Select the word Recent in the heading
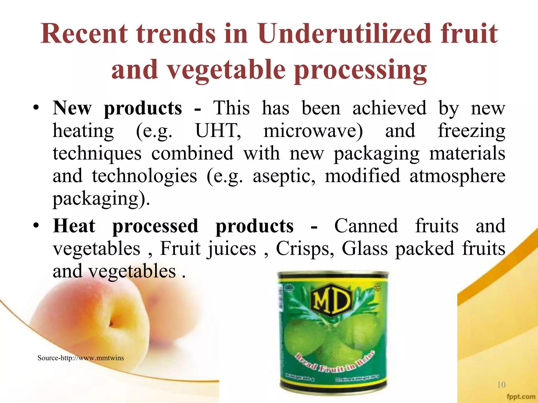[84, 34]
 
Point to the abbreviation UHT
[218, 131]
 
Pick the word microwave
[313, 131]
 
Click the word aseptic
[284, 176]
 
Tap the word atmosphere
[457, 176]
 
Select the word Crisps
[305, 248]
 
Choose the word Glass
[364, 248]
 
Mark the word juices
[232, 249]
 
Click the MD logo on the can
[331, 300]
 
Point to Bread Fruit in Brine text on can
[335, 362]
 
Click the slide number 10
[501, 385]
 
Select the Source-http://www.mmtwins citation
[81, 358]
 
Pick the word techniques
[97, 153]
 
